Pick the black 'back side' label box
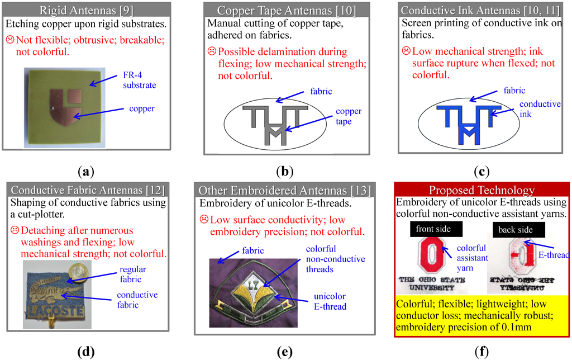click(x=515, y=229)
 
